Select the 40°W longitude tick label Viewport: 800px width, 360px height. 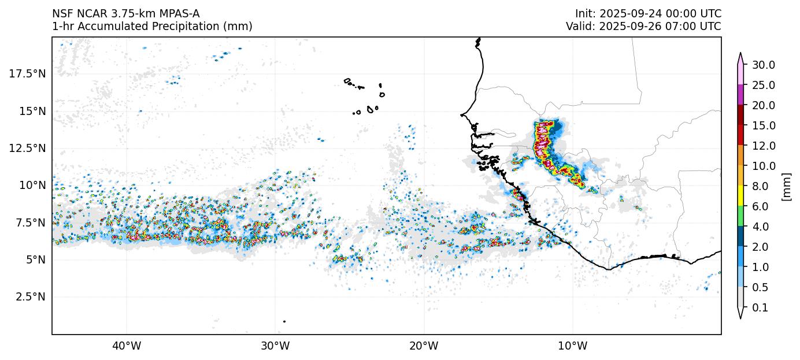tap(127, 346)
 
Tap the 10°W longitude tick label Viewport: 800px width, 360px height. tap(573, 346)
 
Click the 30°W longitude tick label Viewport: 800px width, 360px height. tap(275, 346)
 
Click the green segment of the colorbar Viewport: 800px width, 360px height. tap(740, 216)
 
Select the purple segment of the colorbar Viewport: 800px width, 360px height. tap(740, 95)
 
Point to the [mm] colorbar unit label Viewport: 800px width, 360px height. tap(786, 186)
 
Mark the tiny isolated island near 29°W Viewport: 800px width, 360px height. tap(284, 321)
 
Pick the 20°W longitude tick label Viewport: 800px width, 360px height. tap(424, 346)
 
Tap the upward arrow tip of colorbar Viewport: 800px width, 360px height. tap(740, 54)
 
